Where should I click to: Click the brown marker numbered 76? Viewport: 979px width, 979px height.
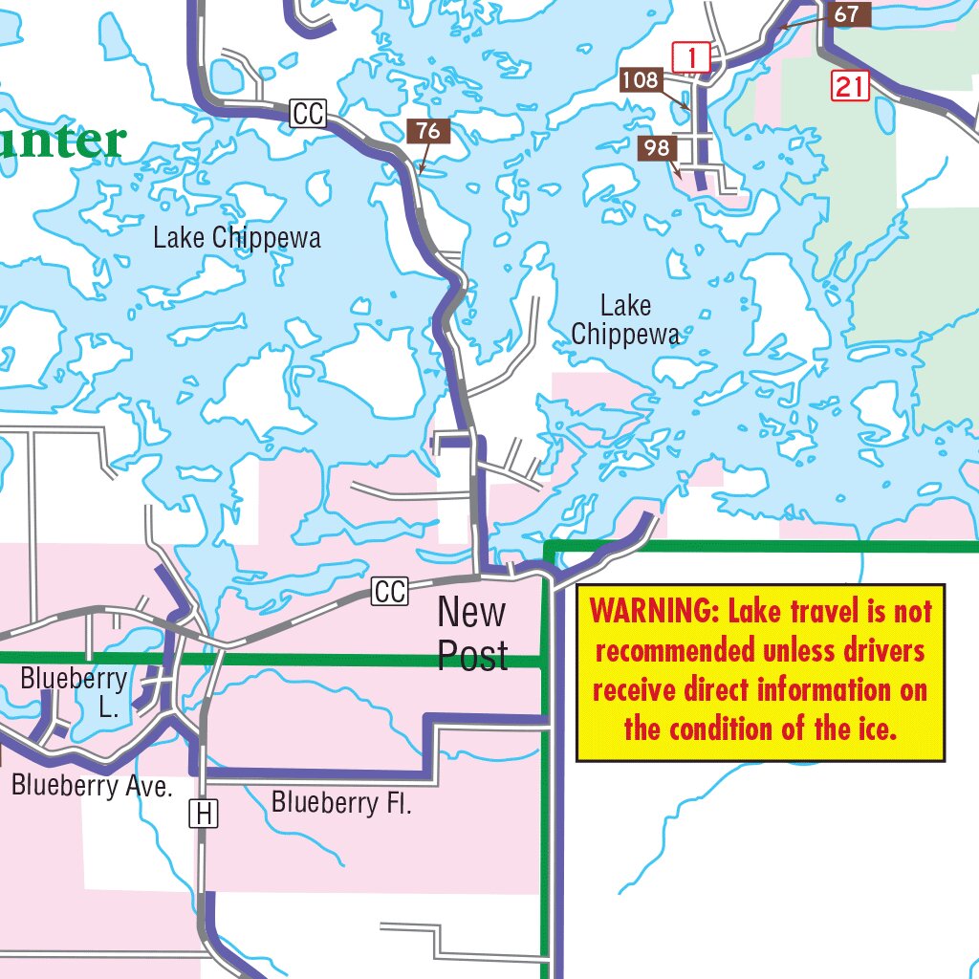coord(428,131)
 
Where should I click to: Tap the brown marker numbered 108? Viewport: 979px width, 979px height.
coord(640,80)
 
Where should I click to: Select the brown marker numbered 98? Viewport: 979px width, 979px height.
coord(657,148)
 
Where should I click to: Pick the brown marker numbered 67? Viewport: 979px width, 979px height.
coord(846,15)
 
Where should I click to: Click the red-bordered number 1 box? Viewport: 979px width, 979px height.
coord(691,58)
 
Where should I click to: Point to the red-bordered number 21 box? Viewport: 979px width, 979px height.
coord(849,87)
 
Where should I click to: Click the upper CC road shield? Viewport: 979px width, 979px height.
coord(309,115)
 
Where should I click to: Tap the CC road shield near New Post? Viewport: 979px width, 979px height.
coord(390,592)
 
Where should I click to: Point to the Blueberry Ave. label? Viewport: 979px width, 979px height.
coord(92,786)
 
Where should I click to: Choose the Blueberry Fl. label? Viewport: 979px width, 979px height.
coord(341,802)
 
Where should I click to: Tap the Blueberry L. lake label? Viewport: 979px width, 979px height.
coord(74,693)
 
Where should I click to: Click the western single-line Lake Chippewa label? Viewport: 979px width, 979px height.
coord(237,237)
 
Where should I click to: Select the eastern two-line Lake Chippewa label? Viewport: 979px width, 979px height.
coord(626,320)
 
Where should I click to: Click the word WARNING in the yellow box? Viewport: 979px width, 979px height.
coord(652,609)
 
